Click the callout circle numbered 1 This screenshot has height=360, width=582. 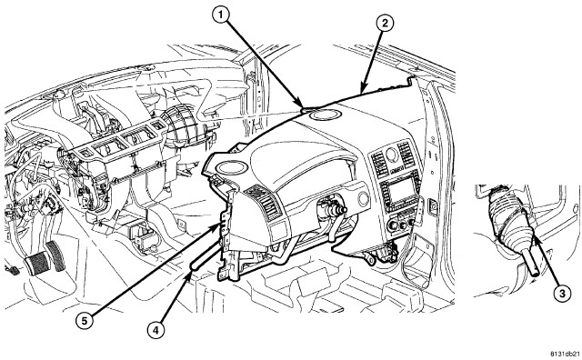[x=221, y=15]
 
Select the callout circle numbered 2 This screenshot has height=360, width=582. [x=385, y=23]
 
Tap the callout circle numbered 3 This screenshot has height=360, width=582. [x=562, y=294]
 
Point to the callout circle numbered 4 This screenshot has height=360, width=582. [x=156, y=330]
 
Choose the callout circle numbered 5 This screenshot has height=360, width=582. [x=85, y=321]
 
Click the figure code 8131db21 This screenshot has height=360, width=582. [x=565, y=354]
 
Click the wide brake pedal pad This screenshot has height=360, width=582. [x=37, y=263]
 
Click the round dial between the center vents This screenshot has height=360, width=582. [x=392, y=154]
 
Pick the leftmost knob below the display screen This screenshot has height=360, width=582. [x=392, y=225]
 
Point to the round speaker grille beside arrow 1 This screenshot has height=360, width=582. [x=326, y=115]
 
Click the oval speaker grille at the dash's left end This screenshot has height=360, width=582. [x=231, y=166]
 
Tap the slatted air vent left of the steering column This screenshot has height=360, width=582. [x=265, y=202]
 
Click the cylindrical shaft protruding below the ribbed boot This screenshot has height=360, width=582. [x=531, y=261]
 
